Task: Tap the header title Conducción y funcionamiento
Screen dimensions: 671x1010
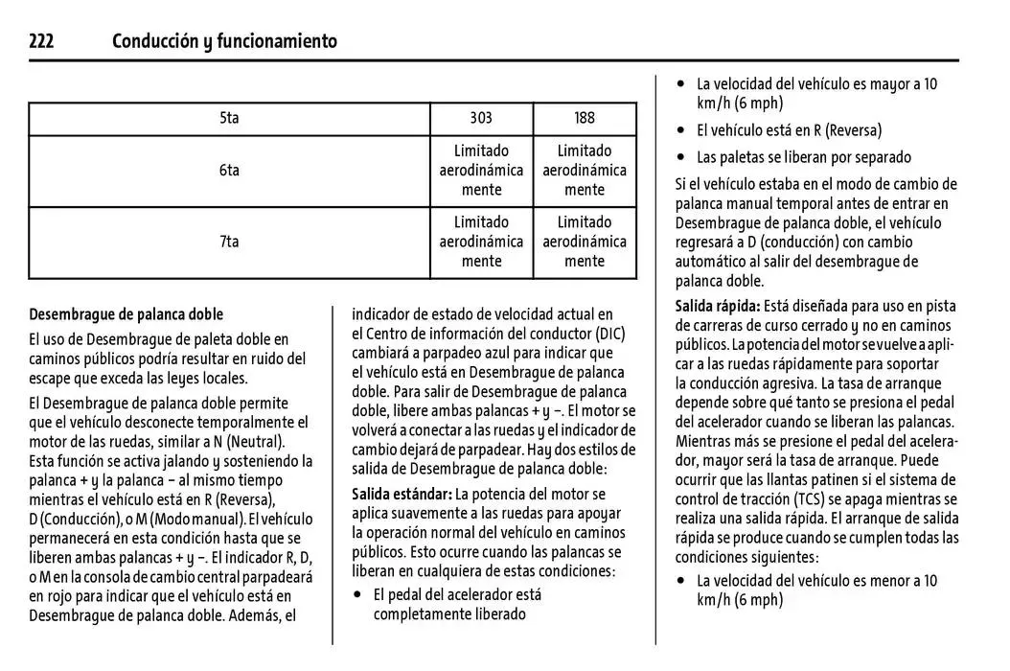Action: pos(224,41)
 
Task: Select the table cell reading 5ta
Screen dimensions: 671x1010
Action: pos(229,118)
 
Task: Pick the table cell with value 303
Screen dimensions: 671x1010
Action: pos(481,118)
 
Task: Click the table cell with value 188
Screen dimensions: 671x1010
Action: pos(585,118)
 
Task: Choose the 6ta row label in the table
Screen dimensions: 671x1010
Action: pos(229,171)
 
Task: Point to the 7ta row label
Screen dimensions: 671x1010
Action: pos(229,242)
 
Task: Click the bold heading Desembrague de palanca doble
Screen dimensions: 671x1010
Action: pos(126,314)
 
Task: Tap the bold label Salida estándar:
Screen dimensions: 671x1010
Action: pos(402,495)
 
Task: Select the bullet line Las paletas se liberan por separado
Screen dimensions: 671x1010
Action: pos(803,157)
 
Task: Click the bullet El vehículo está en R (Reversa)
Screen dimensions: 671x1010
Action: pos(789,130)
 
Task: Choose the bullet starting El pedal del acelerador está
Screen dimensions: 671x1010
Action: pos(457,595)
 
